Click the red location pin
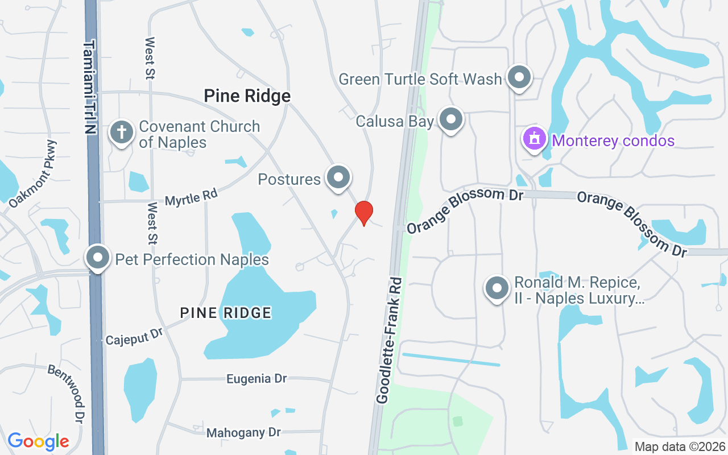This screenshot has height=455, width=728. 364,213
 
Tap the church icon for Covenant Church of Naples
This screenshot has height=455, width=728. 121,132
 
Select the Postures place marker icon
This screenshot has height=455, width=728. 339,177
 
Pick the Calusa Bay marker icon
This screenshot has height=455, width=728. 452,120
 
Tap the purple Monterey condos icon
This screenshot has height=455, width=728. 535,138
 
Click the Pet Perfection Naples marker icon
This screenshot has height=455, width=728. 98,258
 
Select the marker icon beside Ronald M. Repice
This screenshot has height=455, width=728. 497,288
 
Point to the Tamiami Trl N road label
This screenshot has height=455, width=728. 90,86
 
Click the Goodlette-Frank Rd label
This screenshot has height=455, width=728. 390,341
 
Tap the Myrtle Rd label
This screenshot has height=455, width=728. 191,197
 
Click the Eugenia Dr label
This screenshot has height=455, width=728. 256,379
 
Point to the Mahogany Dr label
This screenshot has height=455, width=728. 243,433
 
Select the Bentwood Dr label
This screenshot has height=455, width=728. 67,393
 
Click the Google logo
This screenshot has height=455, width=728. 38,441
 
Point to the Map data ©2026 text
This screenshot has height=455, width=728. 680,447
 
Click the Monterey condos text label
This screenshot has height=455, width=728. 613,140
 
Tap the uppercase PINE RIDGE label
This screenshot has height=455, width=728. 226,312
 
